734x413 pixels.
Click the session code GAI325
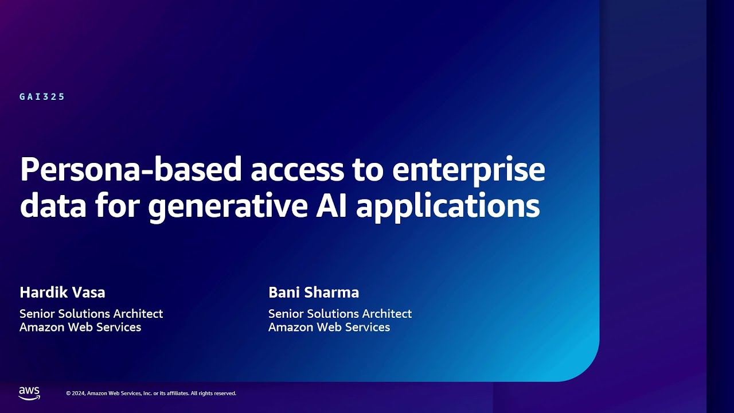[x=42, y=97]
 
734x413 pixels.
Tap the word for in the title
[x=117, y=205]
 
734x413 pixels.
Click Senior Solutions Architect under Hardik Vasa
[x=91, y=314]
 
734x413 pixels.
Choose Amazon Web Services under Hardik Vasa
[x=80, y=328]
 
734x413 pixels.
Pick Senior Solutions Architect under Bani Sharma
[x=340, y=314]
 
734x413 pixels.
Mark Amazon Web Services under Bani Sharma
[x=329, y=328]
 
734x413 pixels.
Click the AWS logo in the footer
[x=29, y=393]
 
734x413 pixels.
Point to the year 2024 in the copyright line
[x=79, y=393]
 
